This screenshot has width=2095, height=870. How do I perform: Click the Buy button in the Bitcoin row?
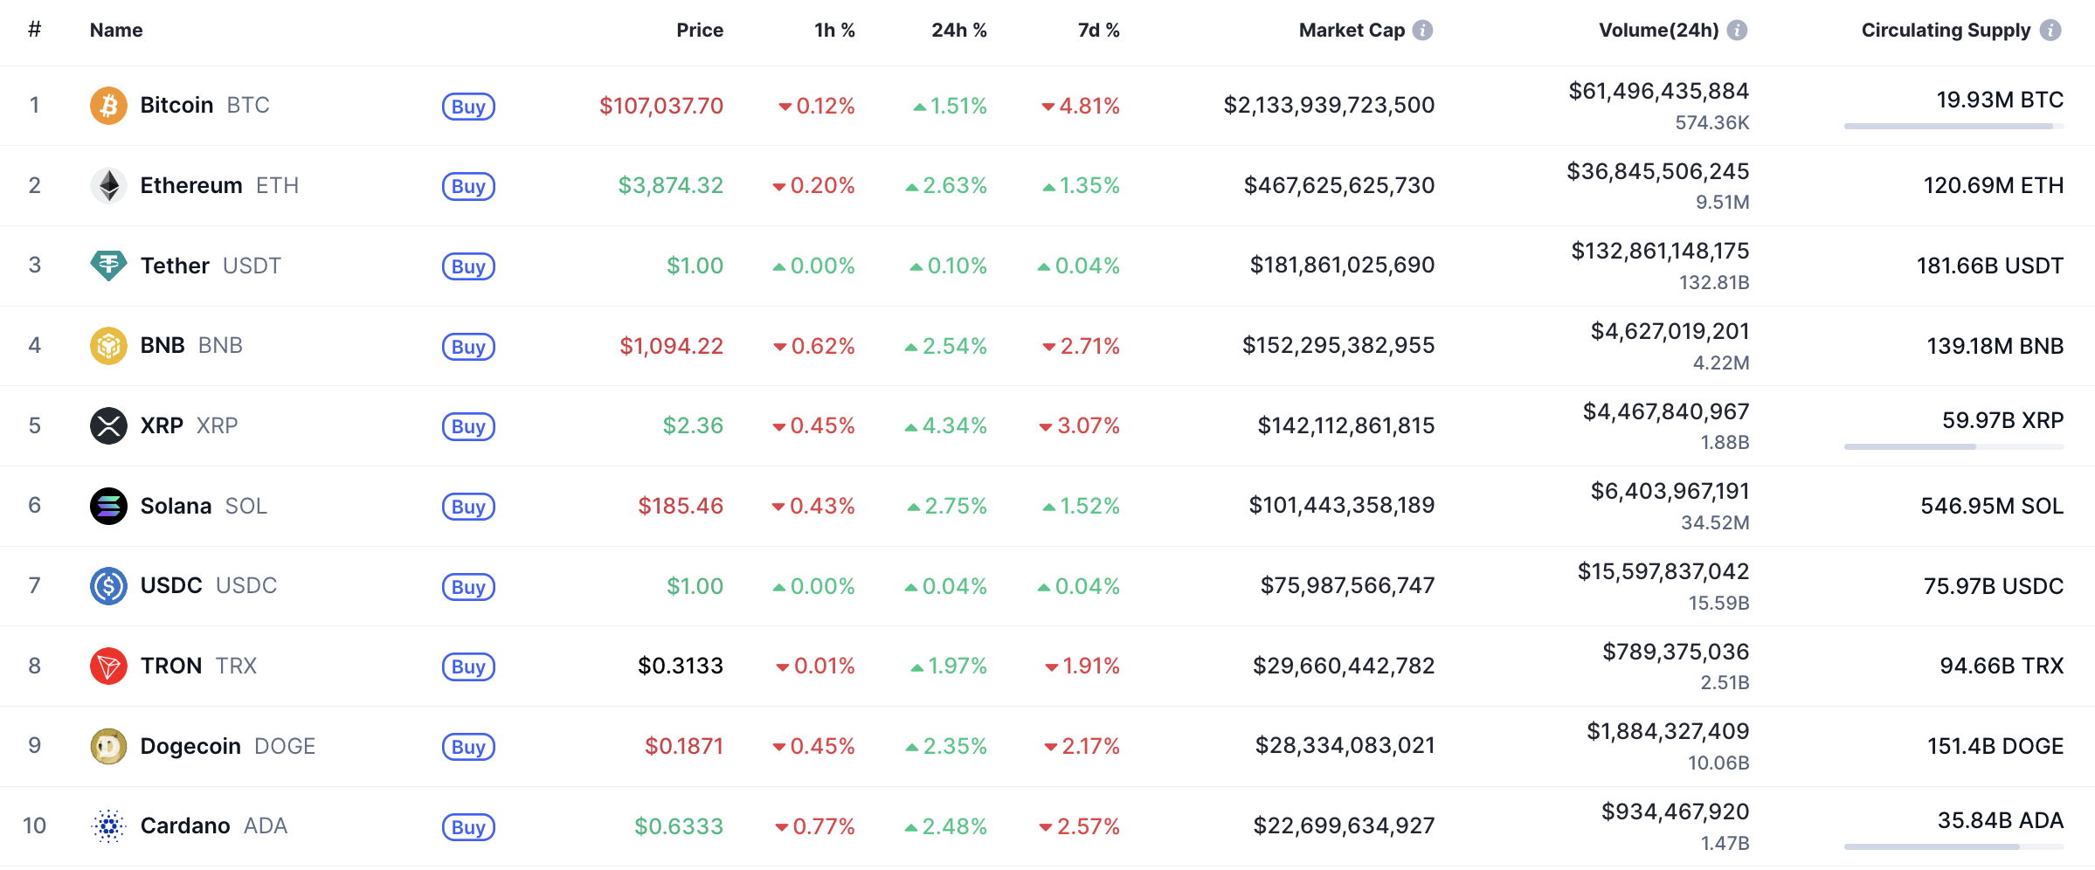(x=468, y=107)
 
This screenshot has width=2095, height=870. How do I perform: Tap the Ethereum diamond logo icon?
(x=108, y=185)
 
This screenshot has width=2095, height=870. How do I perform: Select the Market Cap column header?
(x=1352, y=31)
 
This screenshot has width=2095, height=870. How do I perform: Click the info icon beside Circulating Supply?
(x=2050, y=31)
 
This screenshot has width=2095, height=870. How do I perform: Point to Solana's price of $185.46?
(x=681, y=506)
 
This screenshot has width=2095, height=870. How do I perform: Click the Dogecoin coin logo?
(x=108, y=746)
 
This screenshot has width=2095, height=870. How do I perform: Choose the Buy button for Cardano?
(x=468, y=827)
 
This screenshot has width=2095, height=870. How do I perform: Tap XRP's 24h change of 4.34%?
(x=954, y=426)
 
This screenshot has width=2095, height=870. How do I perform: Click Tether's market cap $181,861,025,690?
(x=1342, y=266)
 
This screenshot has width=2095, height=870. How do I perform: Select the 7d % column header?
(x=1098, y=31)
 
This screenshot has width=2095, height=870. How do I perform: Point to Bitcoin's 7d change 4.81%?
(x=1089, y=107)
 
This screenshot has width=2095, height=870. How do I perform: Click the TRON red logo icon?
(x=108, y=666)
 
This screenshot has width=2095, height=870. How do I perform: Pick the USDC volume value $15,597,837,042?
(x=1663, y=572)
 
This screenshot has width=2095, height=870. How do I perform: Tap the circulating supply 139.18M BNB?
(x=1995, y=346)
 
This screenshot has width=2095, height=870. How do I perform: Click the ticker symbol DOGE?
(x=285, y=747)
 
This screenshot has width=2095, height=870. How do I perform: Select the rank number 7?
(x=35, y=585)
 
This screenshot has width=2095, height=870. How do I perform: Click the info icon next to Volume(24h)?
(x=1738, y=31)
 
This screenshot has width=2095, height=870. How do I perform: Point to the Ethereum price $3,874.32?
(x=671, y=186)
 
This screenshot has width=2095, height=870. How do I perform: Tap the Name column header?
(x=116, y=31)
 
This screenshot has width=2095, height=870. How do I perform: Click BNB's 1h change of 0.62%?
(x=822, y=347)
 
